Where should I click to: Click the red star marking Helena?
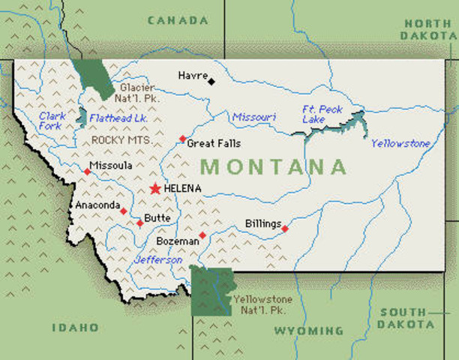155,188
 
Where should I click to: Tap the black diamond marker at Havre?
211,81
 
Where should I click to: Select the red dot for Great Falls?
182,139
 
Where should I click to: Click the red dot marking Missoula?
87,172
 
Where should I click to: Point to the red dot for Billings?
284,228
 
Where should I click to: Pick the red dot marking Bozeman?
202,235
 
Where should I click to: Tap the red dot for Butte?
139,223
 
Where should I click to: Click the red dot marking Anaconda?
123,211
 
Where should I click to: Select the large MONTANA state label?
275,166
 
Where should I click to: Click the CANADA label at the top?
178,20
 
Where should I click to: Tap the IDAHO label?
75,327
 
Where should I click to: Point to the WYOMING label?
308,331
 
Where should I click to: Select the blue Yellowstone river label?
400,143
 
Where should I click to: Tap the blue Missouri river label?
253,118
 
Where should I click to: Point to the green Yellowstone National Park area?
209,289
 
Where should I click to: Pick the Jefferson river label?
158,259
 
